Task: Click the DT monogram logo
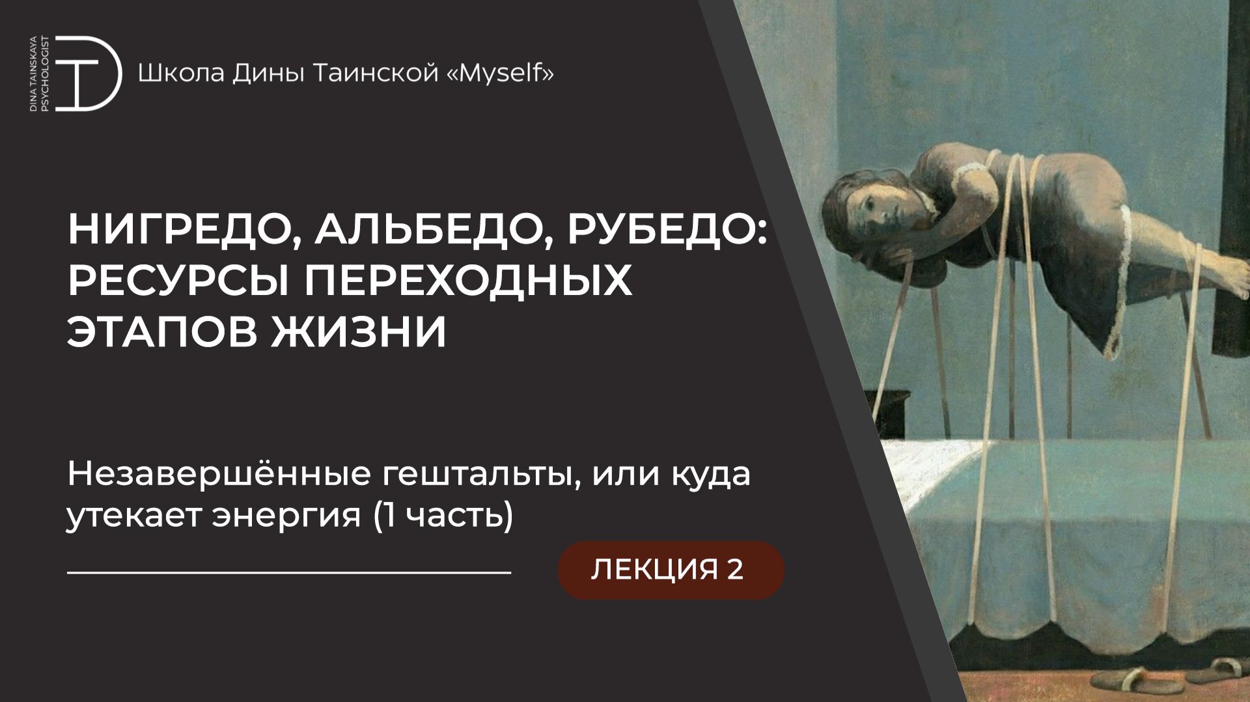point(88,74)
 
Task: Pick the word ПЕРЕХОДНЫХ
point(469,281)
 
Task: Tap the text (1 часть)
point(443,516)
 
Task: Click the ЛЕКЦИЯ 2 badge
point(671,570)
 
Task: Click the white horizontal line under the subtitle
point(289,573)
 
